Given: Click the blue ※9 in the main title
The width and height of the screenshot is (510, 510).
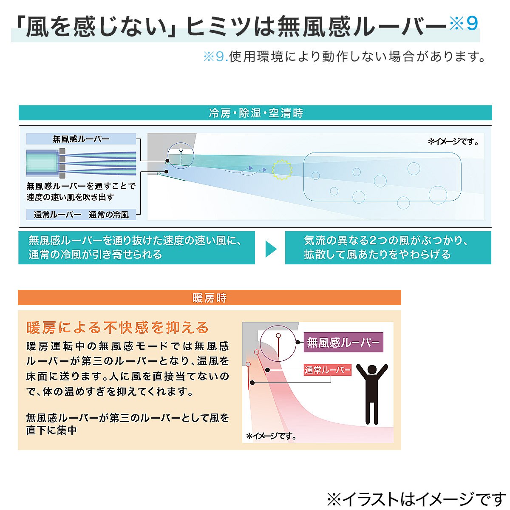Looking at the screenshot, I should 464,24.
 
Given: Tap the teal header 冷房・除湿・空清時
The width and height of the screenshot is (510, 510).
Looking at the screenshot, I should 255,113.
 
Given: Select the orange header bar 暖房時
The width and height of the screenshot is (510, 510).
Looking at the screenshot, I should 209,298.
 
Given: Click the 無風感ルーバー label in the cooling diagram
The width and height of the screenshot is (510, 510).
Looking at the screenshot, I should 81,139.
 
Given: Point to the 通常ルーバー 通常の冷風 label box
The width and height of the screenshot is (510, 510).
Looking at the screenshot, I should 81,215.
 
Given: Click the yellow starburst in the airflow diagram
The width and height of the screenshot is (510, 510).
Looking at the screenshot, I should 282,170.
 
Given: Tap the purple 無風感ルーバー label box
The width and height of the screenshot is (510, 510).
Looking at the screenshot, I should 343,343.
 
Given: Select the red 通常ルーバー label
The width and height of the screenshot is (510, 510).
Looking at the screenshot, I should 327,370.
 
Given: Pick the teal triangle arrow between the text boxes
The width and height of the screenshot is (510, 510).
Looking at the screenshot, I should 270,249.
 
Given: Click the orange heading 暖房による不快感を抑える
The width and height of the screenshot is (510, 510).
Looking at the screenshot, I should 118,328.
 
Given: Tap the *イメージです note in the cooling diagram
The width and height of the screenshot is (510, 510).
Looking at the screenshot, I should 453,142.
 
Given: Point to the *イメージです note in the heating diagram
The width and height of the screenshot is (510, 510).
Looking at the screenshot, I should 271,436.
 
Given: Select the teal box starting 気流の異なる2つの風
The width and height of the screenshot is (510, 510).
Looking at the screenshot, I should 388,248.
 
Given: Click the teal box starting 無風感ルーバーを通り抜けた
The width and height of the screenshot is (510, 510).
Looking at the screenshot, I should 136,248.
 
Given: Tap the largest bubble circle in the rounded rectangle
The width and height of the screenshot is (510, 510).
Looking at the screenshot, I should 438,195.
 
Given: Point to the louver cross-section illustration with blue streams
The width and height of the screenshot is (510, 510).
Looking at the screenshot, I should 81,163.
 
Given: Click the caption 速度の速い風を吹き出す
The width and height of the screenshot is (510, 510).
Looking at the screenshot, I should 70,197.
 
